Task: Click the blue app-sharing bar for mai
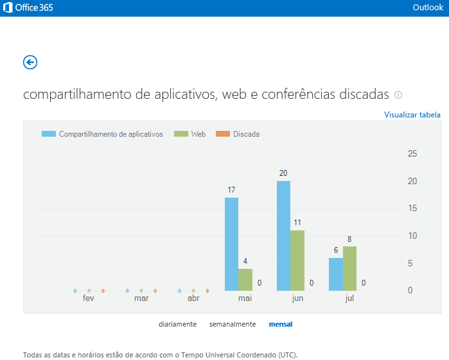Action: coord(231,244)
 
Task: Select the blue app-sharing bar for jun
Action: coord(283,236)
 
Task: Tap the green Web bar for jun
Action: coord(297,260)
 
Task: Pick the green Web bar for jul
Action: coord(349,268)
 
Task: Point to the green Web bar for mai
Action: coord(245,279)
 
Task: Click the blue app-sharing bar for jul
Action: coord(335,274)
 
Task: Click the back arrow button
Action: coord(30,62)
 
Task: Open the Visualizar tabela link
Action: coord(412,115)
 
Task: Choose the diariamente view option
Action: coord(177,324)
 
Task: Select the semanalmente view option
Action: coord(233,324)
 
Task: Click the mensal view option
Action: coord(280,324)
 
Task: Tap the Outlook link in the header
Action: coord(428,8)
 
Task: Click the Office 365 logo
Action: coord(29,8)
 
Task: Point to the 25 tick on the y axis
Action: coord(412,153)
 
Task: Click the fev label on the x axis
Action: coord(89,298)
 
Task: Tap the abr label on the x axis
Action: coord(193,298)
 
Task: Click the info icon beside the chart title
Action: coord(398,95)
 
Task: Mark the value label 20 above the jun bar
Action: coord(283,173)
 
